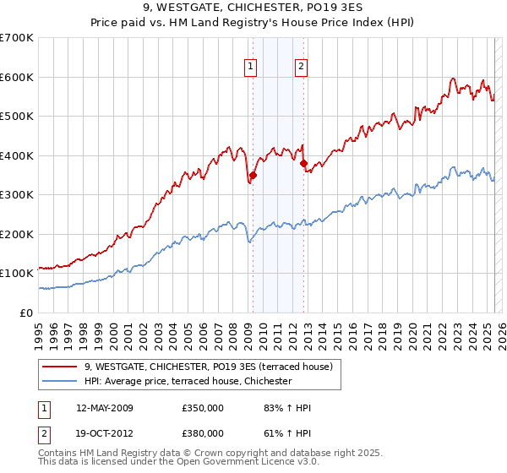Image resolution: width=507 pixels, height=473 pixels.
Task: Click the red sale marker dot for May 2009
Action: (252, 175)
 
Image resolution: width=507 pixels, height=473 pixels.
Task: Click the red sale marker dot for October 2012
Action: (303, 163)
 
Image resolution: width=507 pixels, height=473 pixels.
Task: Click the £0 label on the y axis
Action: (25, 313)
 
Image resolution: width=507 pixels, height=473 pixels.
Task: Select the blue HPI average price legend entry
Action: (188, 382)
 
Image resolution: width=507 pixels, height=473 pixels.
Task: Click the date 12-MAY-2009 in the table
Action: (105, 408)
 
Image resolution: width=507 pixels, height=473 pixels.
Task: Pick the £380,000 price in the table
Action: (202, 432)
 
